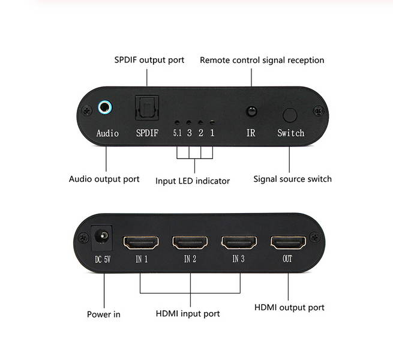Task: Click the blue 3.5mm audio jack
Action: (x=106, y=108)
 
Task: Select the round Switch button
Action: (x=290, y=115)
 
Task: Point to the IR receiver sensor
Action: (x=251, y=112)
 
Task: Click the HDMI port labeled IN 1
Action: (x=141, y=243)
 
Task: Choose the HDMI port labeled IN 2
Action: (x=190, y=243)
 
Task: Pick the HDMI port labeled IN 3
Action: (x=239, y=243)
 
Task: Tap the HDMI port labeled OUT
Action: (x=289, y=243)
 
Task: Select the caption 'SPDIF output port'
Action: (x=149, y=60)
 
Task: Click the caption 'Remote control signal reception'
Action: (x=262, y=60)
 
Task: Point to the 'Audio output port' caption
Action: (x=104, y=179)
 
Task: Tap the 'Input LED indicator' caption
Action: (x=193, y=181)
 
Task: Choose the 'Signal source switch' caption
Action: (x=292, y=179)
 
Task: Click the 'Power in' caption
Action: (x=104, y=314)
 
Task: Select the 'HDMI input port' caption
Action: (x=188, y=313)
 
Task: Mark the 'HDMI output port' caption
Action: (x=289, y=307)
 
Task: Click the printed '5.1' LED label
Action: (x=177, y=133)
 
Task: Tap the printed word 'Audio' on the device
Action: (x=107, y=133)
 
